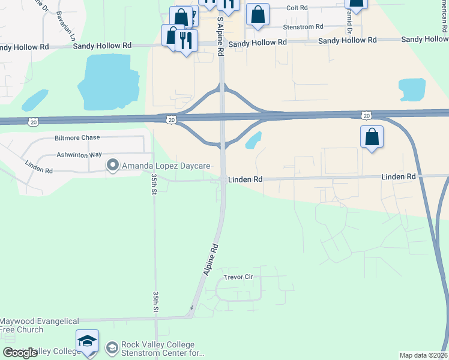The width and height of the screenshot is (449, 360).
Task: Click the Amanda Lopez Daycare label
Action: pyautogui.click(x=166, y=165)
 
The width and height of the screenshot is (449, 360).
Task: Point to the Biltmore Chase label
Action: pyautogui.click(x=77, y=137)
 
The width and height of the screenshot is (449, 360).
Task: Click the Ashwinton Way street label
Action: pyautogui.click(x=79, y=154)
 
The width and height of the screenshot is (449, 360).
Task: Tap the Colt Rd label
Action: pyautogui.click(x=297, y=8)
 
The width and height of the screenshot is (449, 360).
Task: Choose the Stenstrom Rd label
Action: pyautogui.click(x=304, y=27)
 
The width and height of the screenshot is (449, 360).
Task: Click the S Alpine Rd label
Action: pyautogui.click(x=220, y=36)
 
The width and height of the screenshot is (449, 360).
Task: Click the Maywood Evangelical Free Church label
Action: pyautogui.click(x=22, y=325)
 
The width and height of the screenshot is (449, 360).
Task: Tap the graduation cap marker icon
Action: pyautogui.click(x=88, y=341)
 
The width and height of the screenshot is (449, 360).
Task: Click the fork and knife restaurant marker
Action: pyautogui.click(x=186, y=40)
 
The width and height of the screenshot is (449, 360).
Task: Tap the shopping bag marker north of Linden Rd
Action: pyautogui.click(x=372, y=137)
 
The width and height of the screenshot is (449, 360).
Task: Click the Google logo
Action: pyautogui.click(x=20, y=353)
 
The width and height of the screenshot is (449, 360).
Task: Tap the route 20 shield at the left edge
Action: pyautogui.click(x=32, y=122)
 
